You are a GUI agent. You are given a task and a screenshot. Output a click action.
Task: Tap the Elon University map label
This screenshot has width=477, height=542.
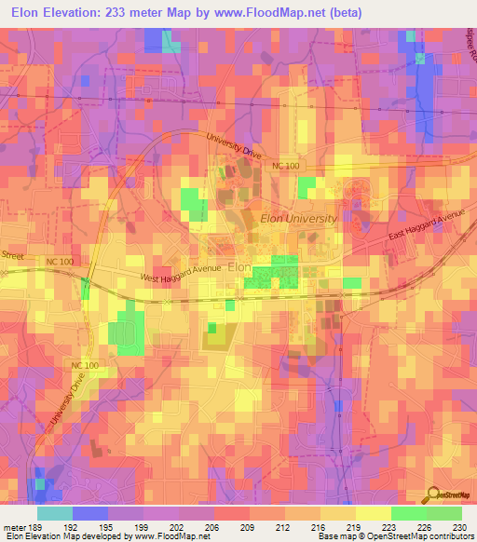pos(298,217)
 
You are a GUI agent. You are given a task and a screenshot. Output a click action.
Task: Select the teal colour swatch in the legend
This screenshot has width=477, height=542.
pos(55,512)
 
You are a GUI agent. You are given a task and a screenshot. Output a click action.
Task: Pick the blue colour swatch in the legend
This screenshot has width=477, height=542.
pos(90,512)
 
